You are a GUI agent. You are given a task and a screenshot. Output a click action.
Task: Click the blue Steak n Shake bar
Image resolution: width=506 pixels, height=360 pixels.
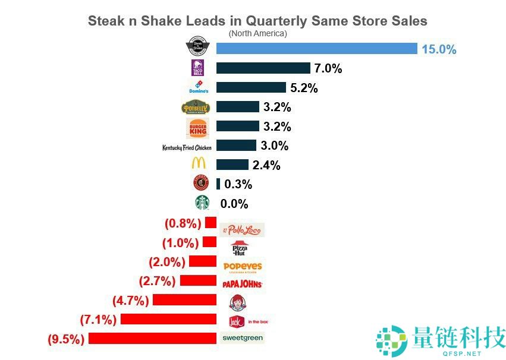(x=317, y=49)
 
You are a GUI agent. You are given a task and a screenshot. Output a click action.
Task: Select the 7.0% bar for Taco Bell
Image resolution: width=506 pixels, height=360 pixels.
(x=263, y=68)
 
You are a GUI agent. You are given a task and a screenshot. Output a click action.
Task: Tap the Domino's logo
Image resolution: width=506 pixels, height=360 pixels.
(x=199, y=87)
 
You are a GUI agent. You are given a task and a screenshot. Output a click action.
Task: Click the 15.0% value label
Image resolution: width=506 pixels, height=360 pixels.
(x=439, y=49)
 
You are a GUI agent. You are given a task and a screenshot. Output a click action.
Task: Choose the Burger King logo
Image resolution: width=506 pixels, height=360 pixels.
(x=198, y=127)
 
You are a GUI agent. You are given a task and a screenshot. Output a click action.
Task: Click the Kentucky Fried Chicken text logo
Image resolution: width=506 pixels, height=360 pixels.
(x=187, y=147)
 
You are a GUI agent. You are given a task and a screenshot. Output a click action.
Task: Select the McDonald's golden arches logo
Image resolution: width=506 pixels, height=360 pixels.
(x=198, y=164)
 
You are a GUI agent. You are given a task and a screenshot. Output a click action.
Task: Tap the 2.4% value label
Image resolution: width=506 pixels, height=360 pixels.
(x=266, y=165)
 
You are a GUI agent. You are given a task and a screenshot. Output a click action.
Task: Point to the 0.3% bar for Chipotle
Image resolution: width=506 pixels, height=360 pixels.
(x=218, y=184)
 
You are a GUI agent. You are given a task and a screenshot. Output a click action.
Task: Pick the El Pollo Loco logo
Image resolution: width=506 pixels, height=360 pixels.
(x=241, y=230)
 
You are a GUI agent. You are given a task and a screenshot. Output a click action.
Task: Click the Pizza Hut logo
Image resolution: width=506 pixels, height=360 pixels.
(x=240, y=249)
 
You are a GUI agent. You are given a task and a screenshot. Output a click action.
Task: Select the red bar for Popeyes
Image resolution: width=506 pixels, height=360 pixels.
(x=202, y=261)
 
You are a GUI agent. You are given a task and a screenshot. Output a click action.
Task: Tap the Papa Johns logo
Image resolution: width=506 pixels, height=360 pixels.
(x=242, y=284)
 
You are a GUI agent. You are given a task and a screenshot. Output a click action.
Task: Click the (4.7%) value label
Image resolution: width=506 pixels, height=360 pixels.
(x=130, y=300)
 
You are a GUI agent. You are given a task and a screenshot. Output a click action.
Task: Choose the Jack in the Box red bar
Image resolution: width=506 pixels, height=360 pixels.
(x=168, y=319)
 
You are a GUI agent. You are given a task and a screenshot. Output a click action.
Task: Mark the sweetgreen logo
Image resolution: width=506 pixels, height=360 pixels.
(x=242, y=337)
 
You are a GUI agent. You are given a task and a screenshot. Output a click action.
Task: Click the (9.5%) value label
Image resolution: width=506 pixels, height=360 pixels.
(x=66, y=339)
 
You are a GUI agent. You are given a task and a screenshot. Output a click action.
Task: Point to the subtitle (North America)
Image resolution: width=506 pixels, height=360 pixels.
(x=257, y=33)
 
